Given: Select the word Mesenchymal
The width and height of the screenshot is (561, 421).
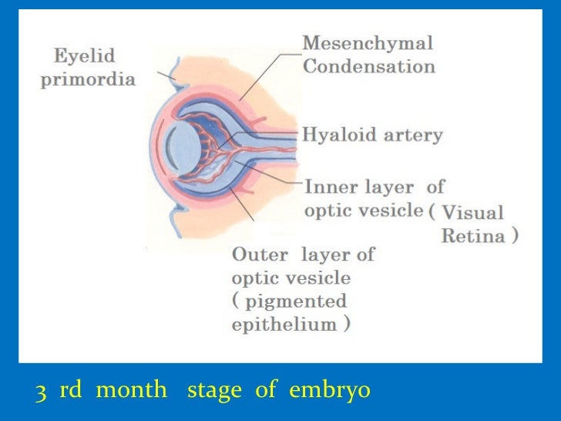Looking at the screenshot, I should tap(367, 43).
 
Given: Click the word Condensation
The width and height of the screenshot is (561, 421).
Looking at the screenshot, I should tap(368, 66).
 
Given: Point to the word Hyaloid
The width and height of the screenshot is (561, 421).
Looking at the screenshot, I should tap(337, 136).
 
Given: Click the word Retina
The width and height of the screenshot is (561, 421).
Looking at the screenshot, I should tap(473, 236).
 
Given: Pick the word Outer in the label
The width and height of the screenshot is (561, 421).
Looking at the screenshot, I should tap(260, 254).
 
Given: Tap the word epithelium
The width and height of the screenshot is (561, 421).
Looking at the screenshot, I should tap(284, 324).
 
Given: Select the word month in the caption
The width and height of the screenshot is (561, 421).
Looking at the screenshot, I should tap(132, 391).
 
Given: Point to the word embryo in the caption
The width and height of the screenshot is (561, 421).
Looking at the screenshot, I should tap(330, 391).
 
